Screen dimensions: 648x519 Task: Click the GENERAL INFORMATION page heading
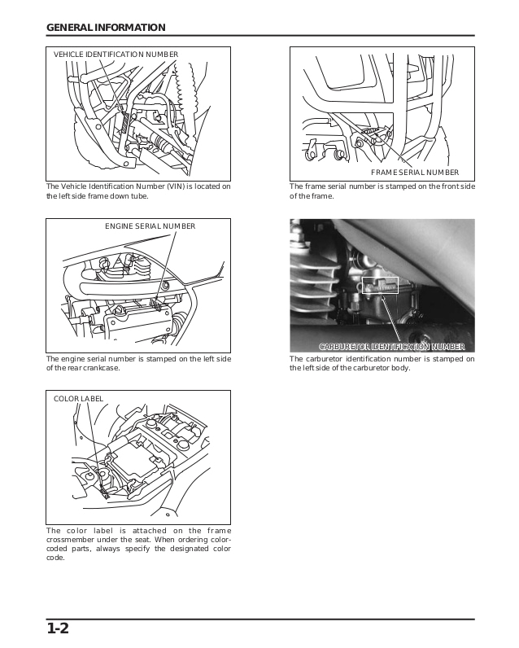point(106,27)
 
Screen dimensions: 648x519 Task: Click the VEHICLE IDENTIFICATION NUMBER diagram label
point(116,55)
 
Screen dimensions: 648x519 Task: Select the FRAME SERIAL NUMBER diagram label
point(415,173)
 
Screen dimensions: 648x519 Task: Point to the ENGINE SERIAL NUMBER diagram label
point(150,225)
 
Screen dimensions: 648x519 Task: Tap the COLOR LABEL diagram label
point(78,398)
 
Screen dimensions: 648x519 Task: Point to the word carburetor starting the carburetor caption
point(324,359)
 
